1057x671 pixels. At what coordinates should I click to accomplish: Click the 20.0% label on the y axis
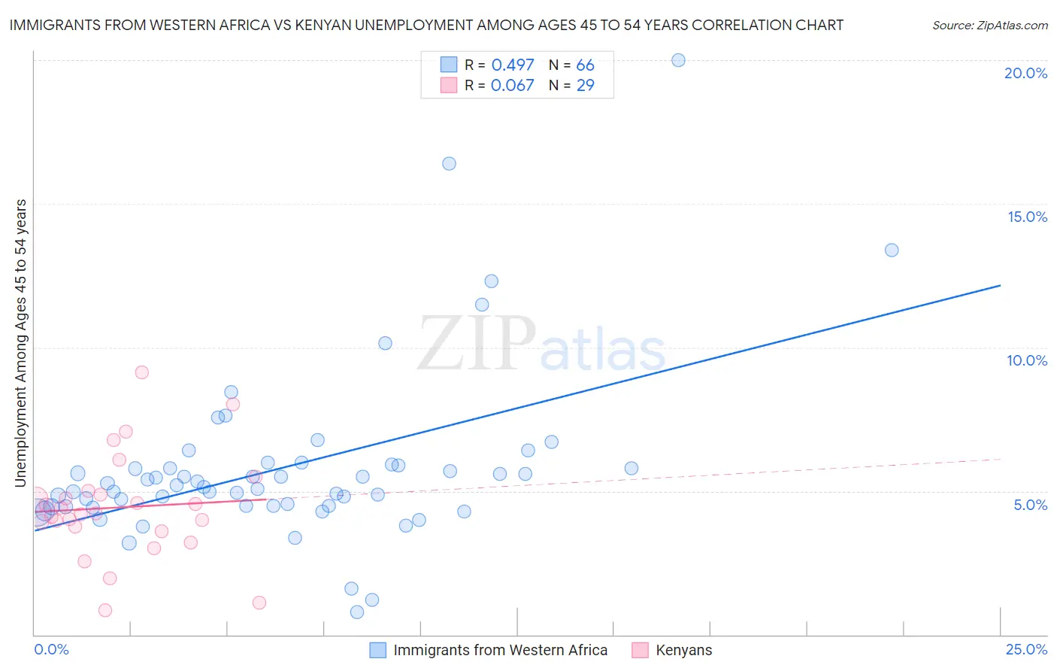1025,73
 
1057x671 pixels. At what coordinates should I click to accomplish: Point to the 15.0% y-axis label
1027,217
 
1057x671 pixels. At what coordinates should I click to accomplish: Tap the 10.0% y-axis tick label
1027,360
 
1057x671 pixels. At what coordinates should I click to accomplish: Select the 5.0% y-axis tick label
1030,505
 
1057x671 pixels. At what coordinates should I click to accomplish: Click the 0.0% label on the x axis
51,649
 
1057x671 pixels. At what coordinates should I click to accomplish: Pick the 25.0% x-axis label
1026,649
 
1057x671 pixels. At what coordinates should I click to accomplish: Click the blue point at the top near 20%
678,60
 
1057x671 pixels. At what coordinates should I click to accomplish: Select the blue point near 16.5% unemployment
449,163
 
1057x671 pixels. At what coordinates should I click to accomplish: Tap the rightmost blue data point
892,250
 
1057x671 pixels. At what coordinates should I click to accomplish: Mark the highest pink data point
141,372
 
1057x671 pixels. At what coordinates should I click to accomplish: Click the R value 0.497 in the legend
512,65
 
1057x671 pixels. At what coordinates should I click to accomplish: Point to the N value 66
585,65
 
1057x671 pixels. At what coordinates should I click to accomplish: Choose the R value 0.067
512,86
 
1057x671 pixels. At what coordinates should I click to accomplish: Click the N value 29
585,86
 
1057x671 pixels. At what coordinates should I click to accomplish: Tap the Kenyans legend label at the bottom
683,650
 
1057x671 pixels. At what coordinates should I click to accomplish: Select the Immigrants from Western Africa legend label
500,650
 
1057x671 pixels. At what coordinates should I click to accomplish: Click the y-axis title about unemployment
21,343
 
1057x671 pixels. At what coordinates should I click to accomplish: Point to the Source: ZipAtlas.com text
989,26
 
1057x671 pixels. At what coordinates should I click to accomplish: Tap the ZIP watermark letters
477,343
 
